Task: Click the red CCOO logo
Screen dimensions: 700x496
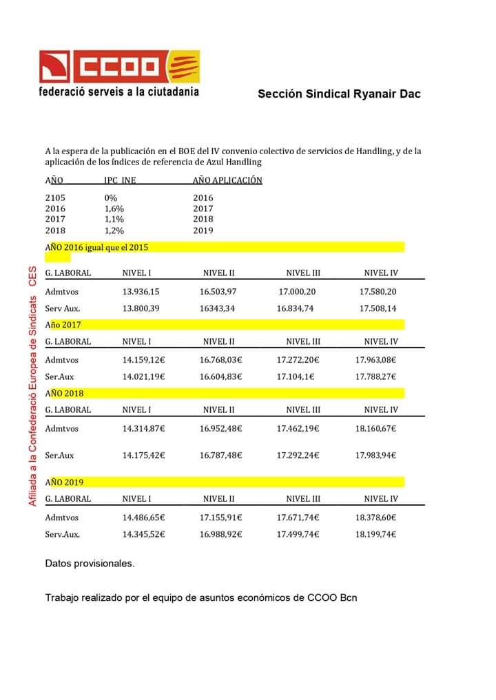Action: (119, 66)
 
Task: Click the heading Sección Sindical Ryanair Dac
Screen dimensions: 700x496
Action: (339, 94)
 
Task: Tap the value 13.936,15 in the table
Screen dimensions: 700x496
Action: (141, 292)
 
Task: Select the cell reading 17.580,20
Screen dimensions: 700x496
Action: (378, 292)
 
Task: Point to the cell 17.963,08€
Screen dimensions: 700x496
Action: (375, 359)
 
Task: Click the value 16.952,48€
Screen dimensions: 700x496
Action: (221, 428)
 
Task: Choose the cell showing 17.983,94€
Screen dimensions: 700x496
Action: (375, 455)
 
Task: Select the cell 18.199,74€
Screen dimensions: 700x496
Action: (375, 534)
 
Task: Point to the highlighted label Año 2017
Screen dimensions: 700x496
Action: (63, 324)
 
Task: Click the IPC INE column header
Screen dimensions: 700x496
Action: (120, 181)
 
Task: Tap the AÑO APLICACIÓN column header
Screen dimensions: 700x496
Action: (227, 180)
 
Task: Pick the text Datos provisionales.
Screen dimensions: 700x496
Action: (90, 564)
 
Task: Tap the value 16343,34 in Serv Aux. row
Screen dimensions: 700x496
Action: (217, 308)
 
